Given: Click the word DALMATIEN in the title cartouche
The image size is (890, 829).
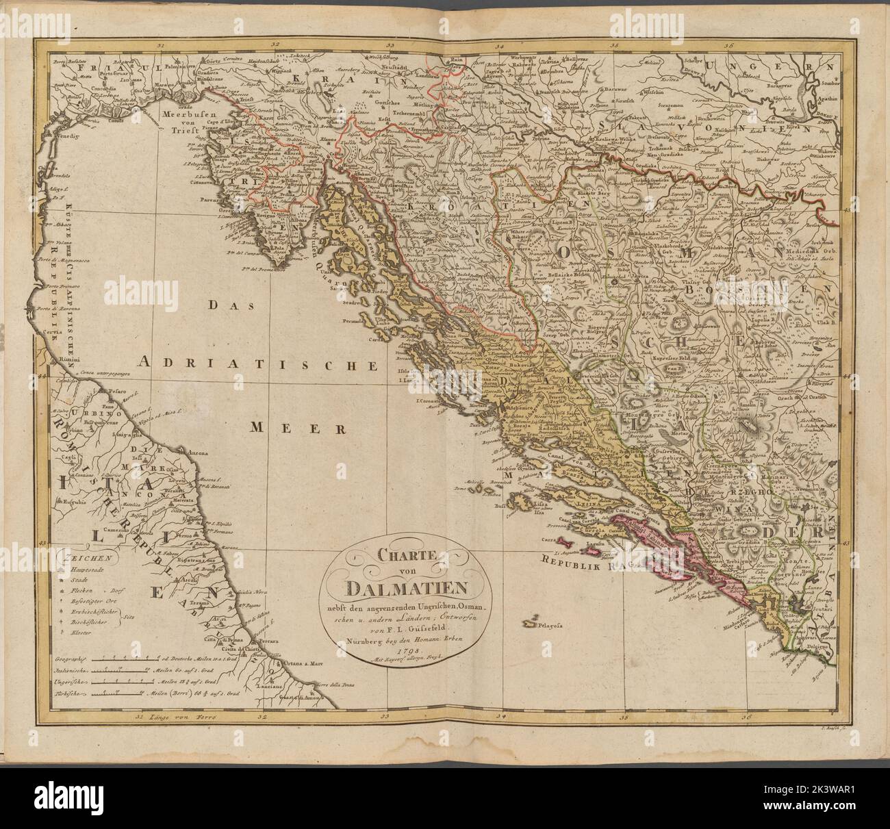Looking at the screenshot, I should tap(407, 587).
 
